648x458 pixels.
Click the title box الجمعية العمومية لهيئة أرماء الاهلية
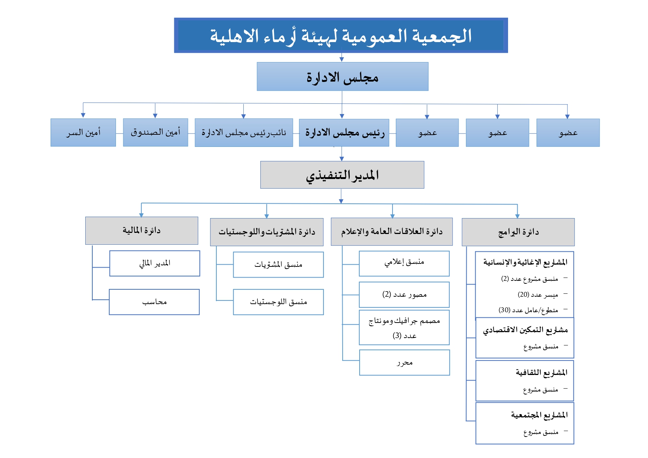pos(341,36)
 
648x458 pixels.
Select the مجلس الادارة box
pos(342,77)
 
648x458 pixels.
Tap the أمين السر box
pos(83,132)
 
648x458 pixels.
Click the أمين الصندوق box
pos(155,132)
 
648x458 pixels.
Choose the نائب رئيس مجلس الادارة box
pos(244,133)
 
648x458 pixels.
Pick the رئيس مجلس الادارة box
pos(344,133)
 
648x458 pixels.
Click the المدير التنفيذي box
pos(342,175)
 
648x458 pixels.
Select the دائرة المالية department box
pos(141,231)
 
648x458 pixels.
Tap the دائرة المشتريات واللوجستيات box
pos(267,232)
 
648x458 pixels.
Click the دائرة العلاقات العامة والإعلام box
pos(391,232)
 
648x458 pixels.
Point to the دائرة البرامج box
pos(518,232)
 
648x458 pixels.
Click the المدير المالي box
pos(155,264)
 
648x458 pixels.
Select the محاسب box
pos(154,302)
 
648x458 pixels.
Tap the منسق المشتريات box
pos(278,265)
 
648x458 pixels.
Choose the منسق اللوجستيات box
pos(278,302)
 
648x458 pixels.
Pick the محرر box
pos(405,363)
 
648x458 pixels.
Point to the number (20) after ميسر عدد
pos(524,295)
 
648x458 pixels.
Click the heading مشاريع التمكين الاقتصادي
pos(525,330)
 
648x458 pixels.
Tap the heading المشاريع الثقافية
pos(541,373)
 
